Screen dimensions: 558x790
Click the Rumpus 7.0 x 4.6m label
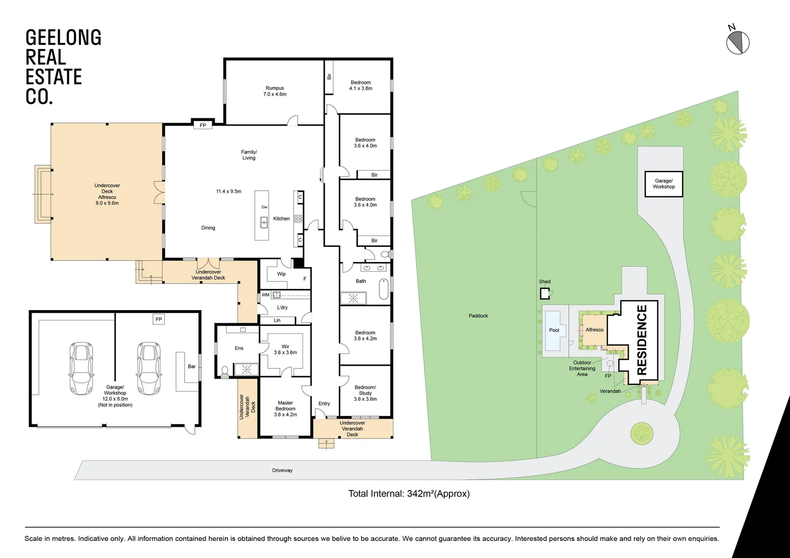[275, 91]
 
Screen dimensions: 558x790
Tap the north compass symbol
[738, 42]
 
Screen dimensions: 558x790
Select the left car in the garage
[81, 367]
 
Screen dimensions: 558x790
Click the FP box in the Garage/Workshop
[159, 319]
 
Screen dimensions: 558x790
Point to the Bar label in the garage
[192, 366]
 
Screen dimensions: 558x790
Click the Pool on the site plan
[554, 330]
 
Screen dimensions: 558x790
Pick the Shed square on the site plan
[545, 293]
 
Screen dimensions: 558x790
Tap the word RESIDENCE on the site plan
[642, 340]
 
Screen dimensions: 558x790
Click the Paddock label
[478, 316]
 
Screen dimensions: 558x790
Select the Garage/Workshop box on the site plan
[663, 184]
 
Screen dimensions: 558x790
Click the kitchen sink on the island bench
[264, 223]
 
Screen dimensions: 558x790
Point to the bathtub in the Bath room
[384, 289]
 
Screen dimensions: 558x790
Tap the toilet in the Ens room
[225, 370]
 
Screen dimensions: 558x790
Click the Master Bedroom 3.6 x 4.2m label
[285, 409]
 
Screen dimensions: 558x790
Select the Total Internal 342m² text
[408, 493]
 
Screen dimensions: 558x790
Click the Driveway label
[282, 470]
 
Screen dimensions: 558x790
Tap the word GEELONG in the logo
[63, 38]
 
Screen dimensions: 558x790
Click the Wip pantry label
[281, 274]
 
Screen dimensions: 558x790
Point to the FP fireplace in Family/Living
[203, 125]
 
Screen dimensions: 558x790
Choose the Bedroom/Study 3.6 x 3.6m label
[365, 393]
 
